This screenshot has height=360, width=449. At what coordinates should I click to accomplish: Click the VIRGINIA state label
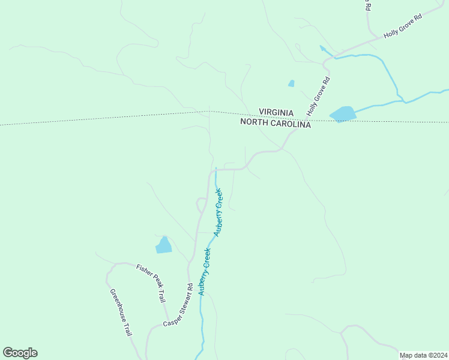pos(276,113)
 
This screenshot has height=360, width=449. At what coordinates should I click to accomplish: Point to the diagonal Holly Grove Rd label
pos(319,97)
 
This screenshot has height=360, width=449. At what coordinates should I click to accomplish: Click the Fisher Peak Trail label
pos(151,283)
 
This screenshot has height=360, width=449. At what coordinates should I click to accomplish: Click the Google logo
pos(20,353)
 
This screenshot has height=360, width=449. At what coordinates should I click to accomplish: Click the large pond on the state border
pos(342,114)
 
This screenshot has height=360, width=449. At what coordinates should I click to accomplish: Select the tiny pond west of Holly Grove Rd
pos(291,83)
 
